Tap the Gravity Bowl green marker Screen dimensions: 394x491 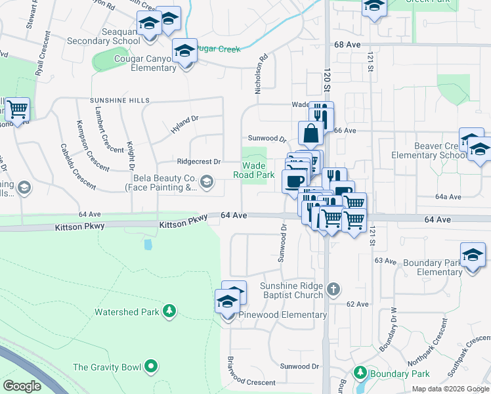[x=152, y=366]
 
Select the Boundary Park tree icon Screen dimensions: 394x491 [x=360, y=373]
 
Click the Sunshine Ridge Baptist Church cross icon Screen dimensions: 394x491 [x=333, y=288]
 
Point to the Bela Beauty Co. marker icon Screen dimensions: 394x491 [x=207, y=181]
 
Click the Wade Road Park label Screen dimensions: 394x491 [x=254, y=171]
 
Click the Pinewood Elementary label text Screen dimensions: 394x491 [x=284, y=315]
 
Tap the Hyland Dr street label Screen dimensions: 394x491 [x=184, y=124]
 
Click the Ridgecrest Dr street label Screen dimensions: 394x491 [x=199, y=161]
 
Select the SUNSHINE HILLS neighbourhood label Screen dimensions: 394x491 [x=116, y=100]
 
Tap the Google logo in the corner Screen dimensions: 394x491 [x=22, y=386]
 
